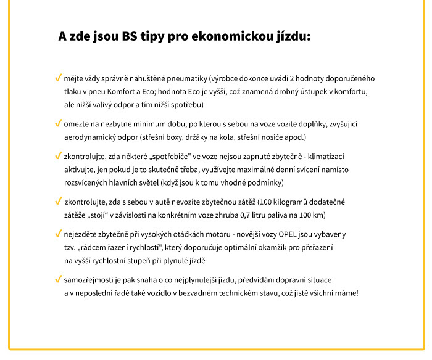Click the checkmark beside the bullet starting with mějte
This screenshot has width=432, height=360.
(x=58, y=79)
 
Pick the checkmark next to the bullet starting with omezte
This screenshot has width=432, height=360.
(x=58, y=124)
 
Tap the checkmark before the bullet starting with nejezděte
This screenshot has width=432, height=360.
(x=58, y=234)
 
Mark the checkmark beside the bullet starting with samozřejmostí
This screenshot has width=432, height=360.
(x=58, y=279)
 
